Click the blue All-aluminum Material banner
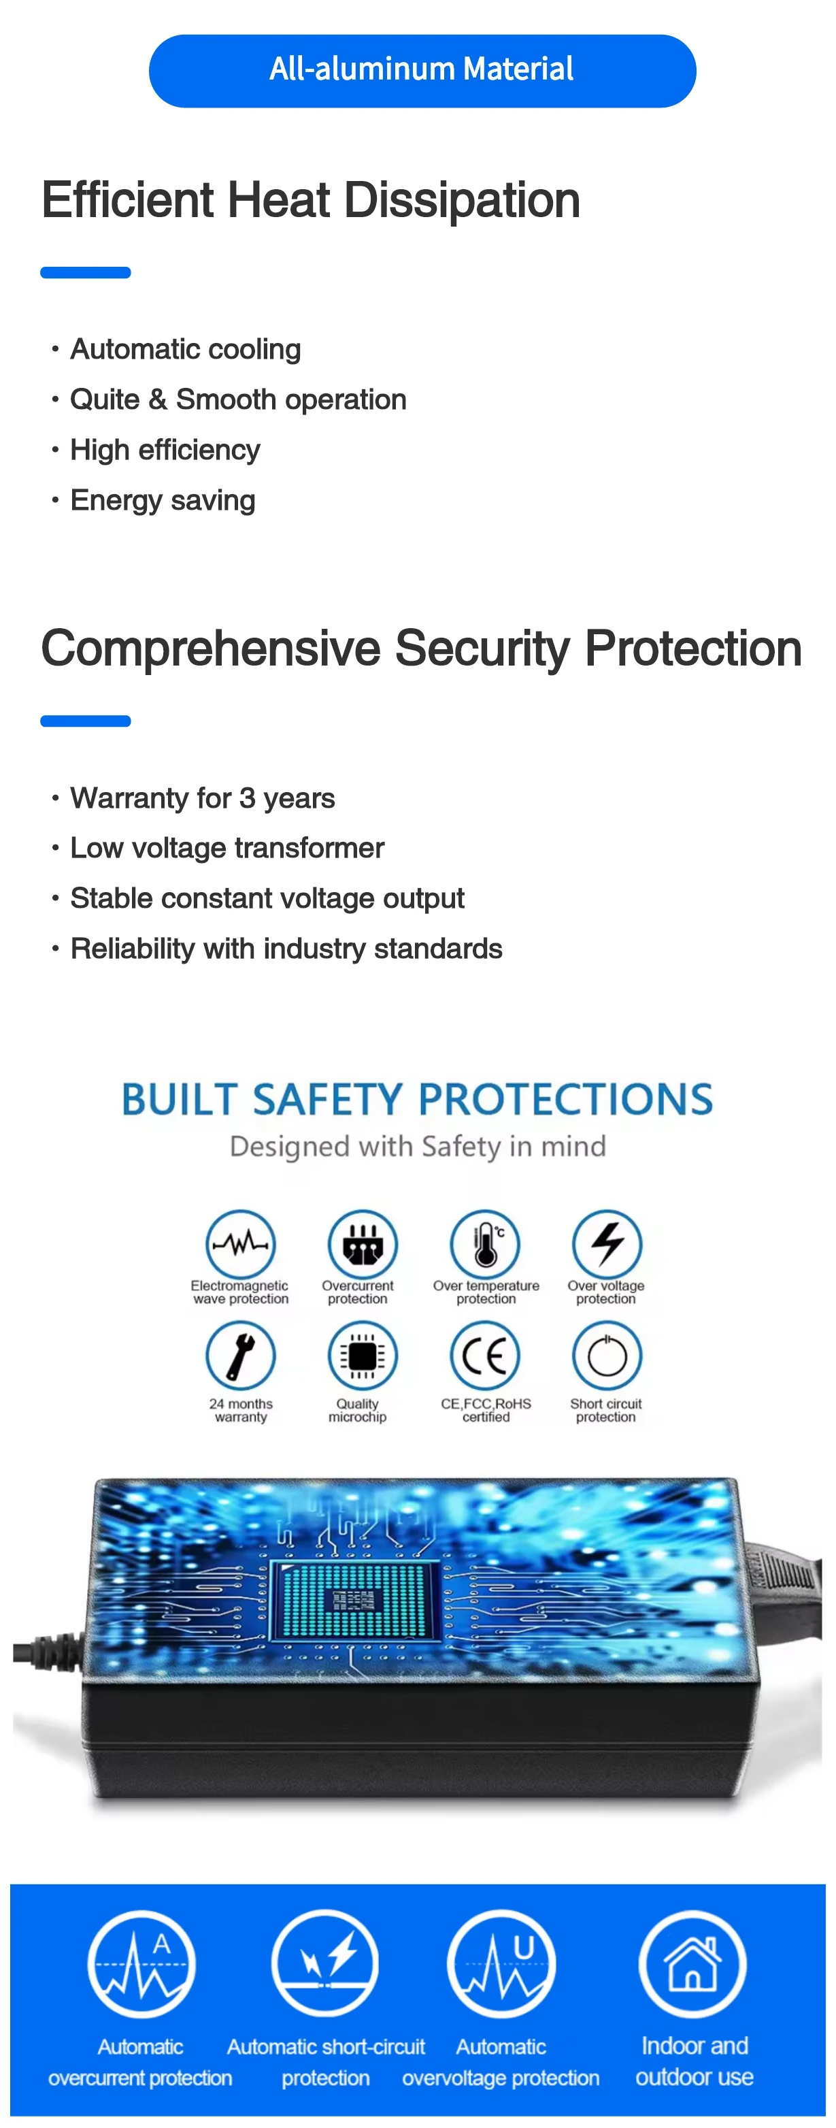422,71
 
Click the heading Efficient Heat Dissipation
311,201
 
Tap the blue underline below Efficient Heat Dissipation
86,273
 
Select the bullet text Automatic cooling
185,349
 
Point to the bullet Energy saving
163,501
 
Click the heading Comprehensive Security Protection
421,649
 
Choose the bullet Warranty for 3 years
203,798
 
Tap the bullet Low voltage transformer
227,849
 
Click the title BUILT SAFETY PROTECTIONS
417,1100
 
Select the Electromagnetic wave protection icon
240,1243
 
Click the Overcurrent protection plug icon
363,1243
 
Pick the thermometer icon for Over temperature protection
485,1243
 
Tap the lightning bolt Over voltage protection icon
607,1243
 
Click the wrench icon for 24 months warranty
240,1356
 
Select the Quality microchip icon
363,1356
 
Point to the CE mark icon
485,1356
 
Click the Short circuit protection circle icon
607,1356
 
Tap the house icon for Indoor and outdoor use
692,1963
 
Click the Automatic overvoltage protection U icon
501,1963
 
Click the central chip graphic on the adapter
355,1600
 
